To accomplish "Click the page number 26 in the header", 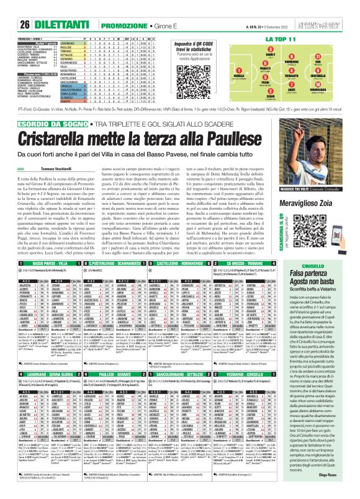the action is (x=9, y=7).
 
